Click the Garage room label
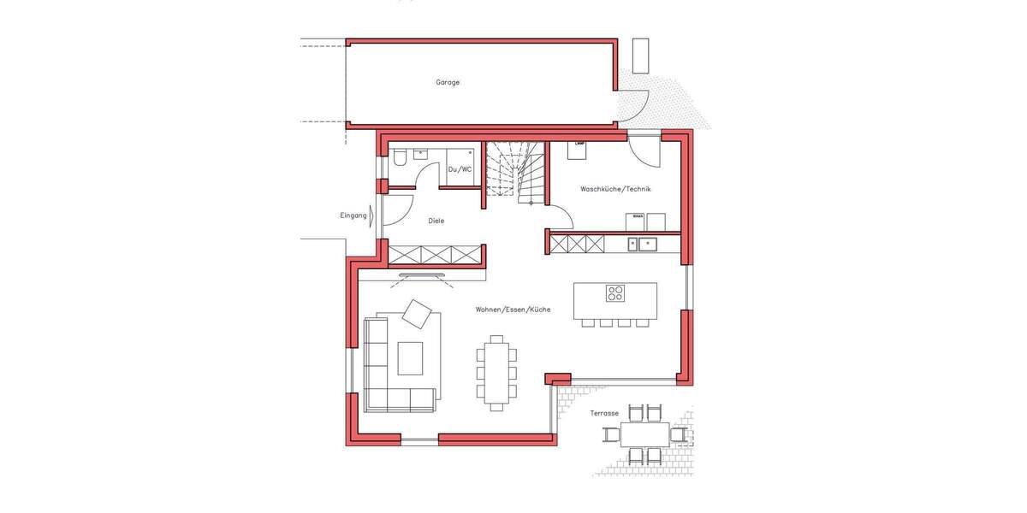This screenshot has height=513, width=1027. coord(448,83)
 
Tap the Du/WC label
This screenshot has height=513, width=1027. coord(460,169)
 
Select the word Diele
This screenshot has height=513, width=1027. coord(436,221)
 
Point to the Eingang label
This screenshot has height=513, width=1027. coord(353,215)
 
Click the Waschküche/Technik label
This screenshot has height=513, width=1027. coord(615,189)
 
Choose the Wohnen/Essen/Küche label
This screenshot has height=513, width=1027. coord(513,309)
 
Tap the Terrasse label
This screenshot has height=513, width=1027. coord(604,413)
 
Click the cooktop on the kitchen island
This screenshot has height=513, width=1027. coord(616,293)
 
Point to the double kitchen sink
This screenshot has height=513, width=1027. coord(643,245)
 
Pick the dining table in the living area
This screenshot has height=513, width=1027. coord(496,372)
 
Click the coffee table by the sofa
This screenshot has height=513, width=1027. coord(410,358)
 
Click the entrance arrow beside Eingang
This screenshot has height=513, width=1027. coord(371,215)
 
